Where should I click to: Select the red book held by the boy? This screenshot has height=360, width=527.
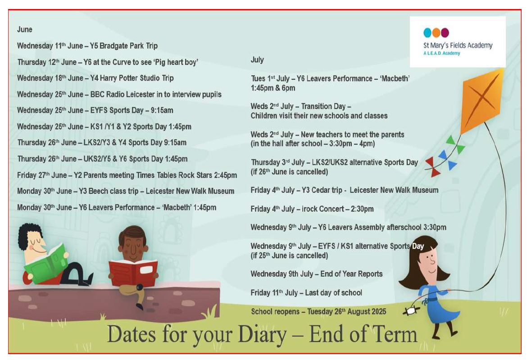click(133, 273)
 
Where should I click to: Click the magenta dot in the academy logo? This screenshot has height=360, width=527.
click(445, 32)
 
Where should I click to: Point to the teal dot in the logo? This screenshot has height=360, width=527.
click(427, 32)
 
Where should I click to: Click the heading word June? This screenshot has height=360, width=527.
click(24, 30)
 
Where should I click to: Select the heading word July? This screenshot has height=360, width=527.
click(257, 60)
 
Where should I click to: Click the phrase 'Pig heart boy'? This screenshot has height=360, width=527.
click(176, 62)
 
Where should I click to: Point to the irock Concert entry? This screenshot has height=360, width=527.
click(312, 209)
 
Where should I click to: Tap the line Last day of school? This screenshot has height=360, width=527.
click(333, 293)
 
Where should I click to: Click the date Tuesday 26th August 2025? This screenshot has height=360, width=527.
click(346, 312)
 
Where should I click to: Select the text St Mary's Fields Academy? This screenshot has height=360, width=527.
click(458, 46)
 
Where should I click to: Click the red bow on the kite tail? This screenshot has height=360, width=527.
click(433, 166)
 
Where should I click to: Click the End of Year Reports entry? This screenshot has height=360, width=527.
click(317, 274)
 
